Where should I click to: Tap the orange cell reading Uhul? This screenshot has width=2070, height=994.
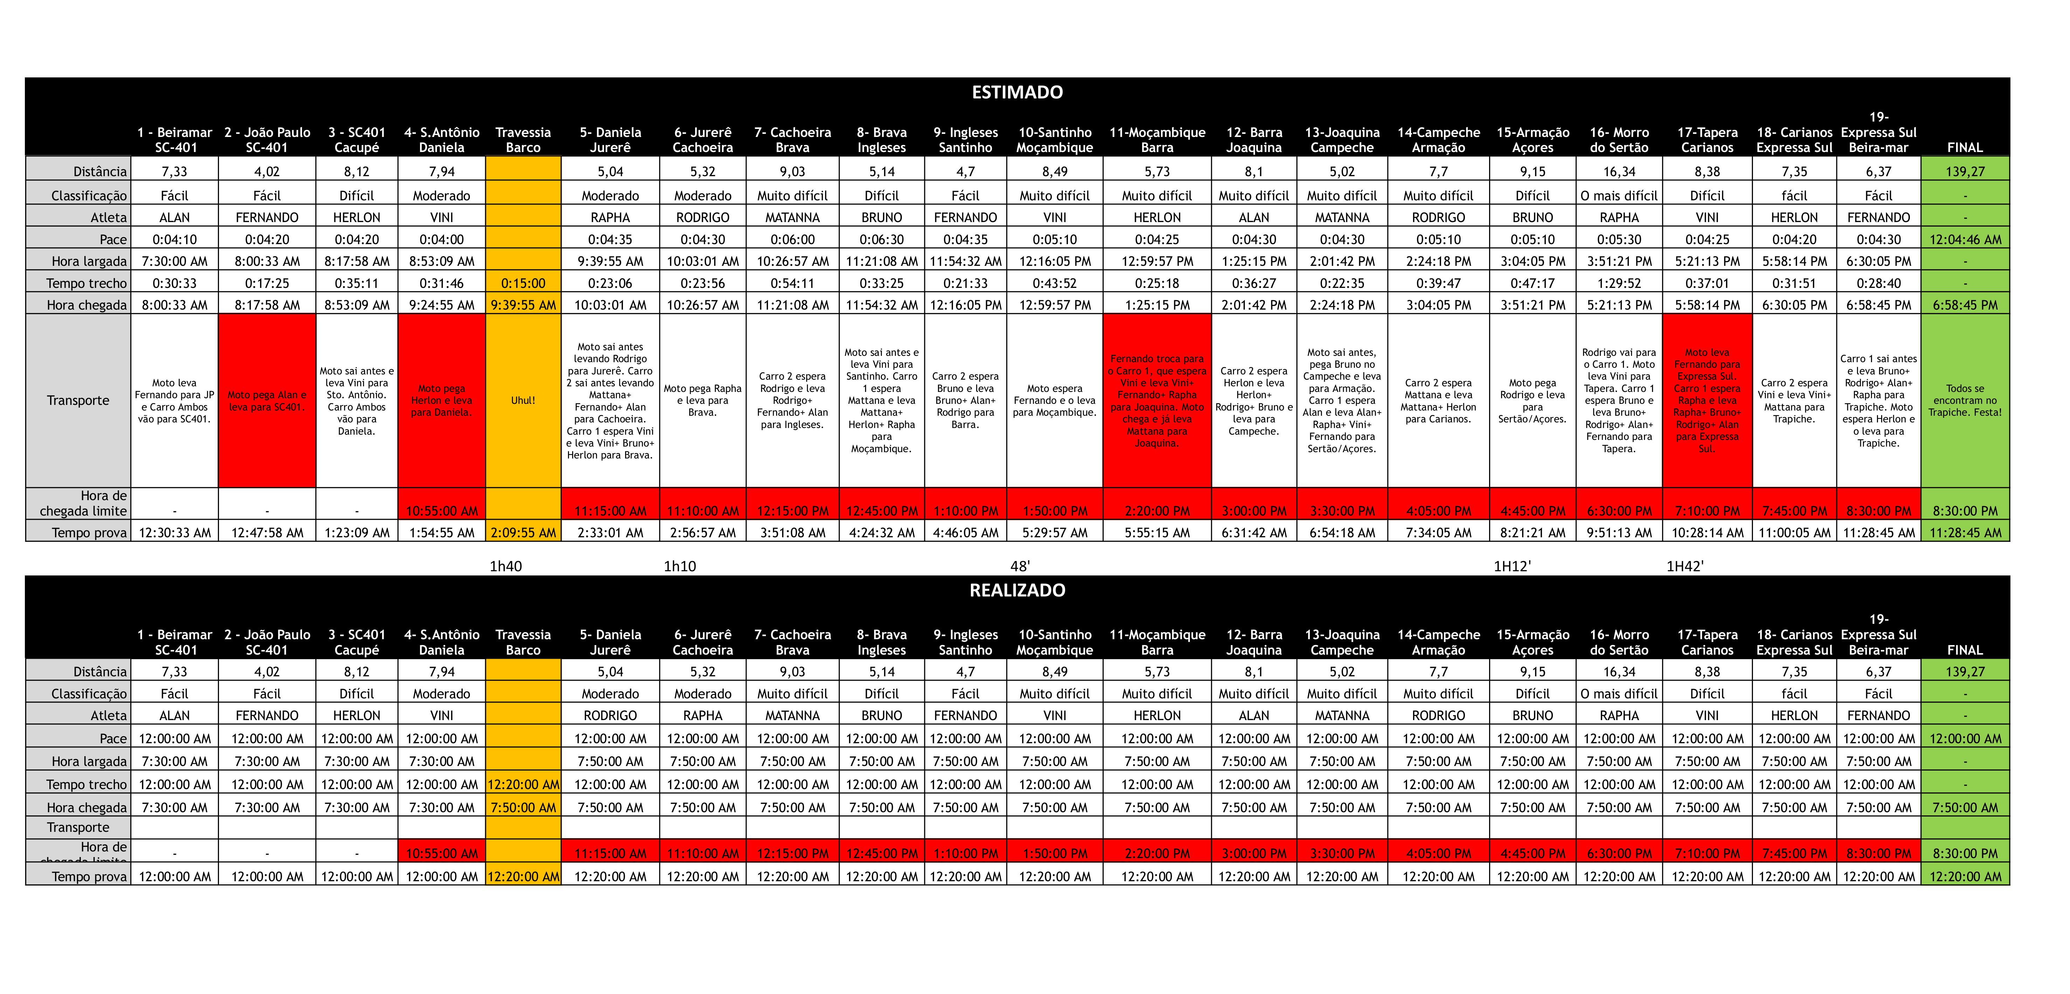523,400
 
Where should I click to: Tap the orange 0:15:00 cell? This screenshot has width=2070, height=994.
523,283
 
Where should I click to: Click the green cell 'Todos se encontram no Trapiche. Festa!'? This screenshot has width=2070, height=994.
1965,400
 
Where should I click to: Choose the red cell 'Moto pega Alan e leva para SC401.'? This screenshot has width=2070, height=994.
267,400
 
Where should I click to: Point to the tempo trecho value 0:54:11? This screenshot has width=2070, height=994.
792,283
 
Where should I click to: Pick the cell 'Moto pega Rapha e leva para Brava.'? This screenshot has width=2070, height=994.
702,400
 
